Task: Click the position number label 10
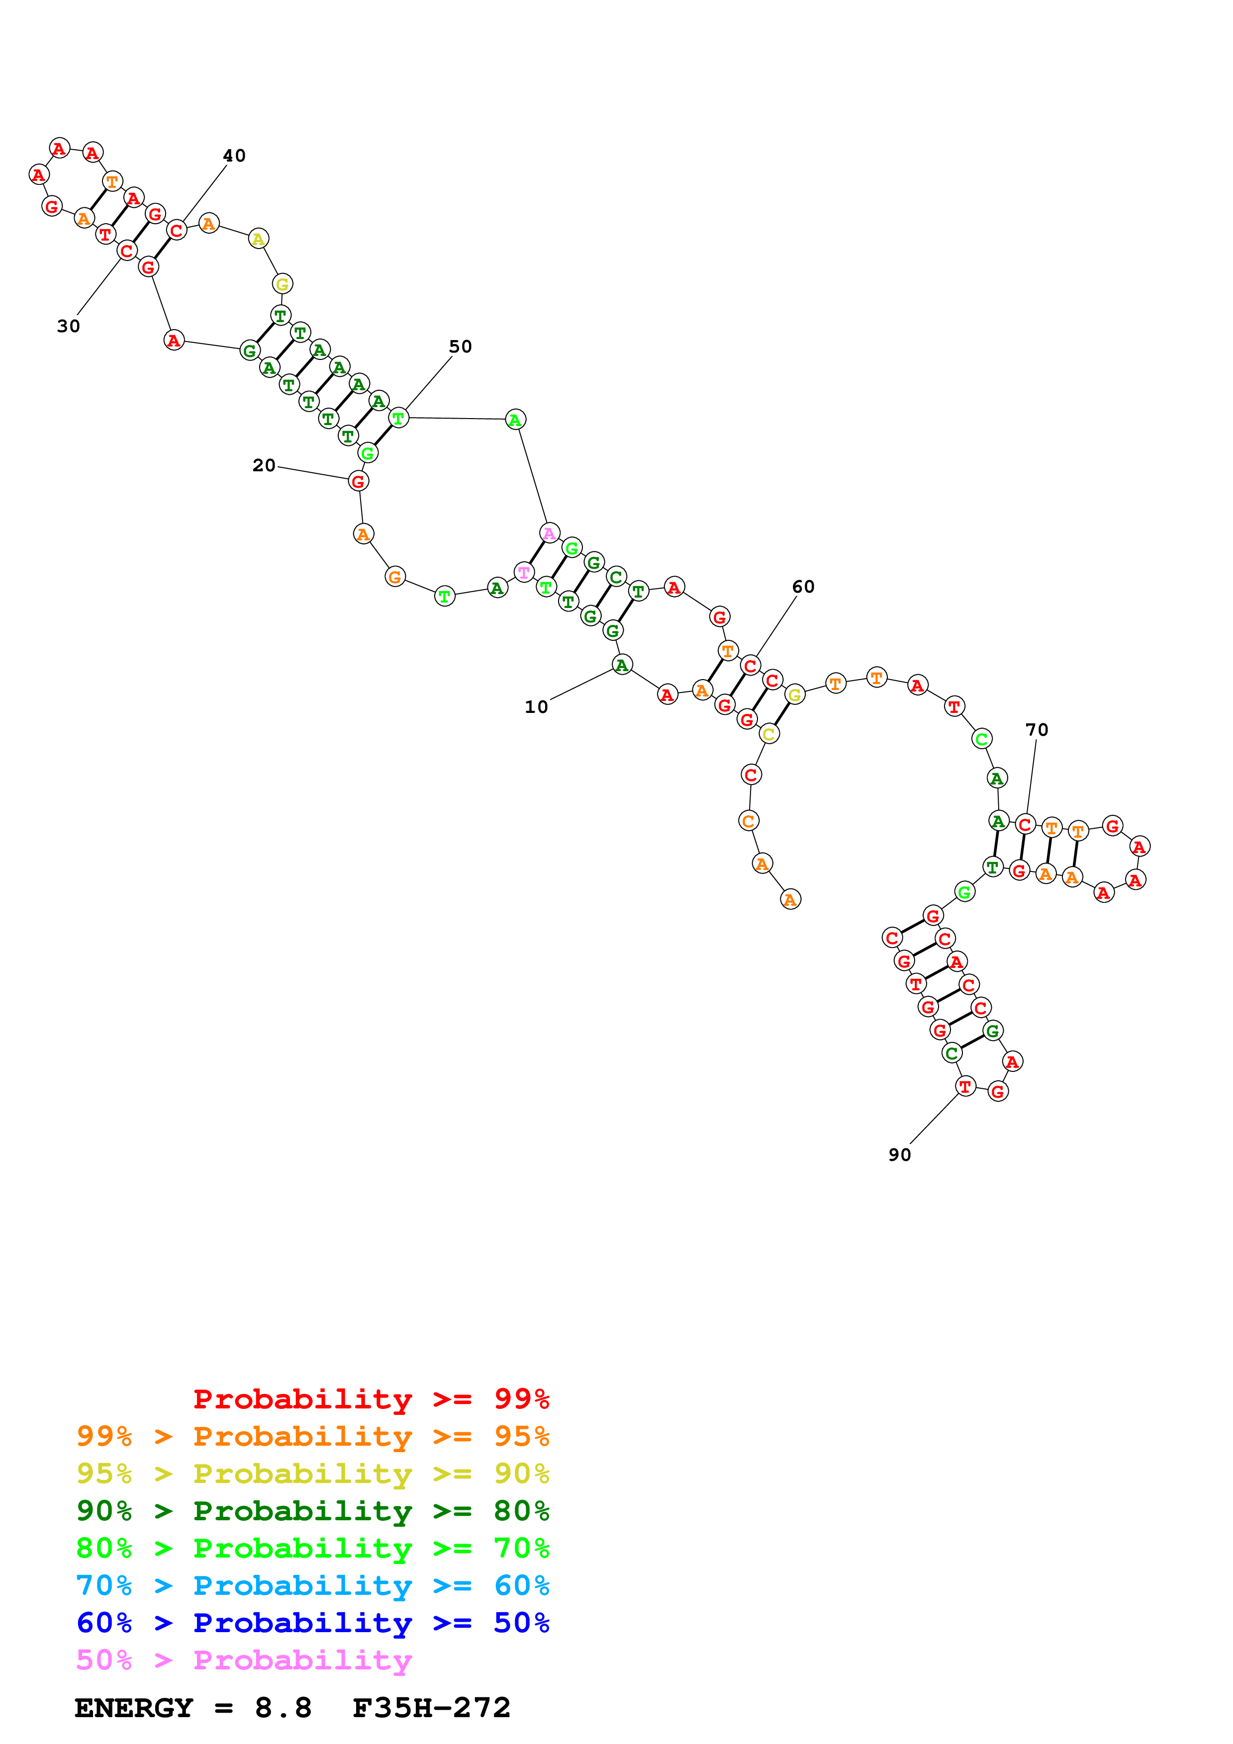point(536,707)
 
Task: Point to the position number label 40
point(234,156)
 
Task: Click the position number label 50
point(461,347)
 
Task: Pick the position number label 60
point(803,587)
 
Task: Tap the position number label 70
point(1037,730)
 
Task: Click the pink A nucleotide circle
point(549,533)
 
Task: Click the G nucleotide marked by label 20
point(358,482)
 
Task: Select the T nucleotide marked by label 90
point(965,1087)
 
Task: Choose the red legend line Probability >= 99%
point(371,1398)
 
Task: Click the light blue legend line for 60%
point(312,1585)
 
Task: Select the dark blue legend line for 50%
point(312,1623)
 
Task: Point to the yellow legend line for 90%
point(312,1474)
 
